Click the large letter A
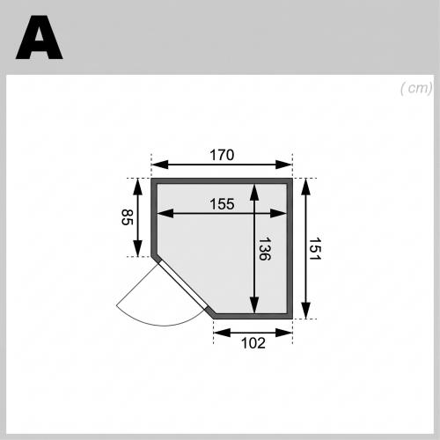(x=40, y=38)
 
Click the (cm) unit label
(x=416, y=88)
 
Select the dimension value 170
(x=222, y=155)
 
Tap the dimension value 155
(x=222, y=204)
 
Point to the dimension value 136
(x=265, y=249)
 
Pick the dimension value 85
(x=128, y=217)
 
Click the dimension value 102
(x=253, y=342)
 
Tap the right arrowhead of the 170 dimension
(x=284, y=165)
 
